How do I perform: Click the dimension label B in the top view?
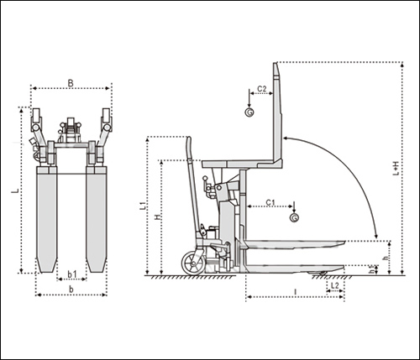coord(71,83)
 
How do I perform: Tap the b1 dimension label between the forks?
coord(72,274)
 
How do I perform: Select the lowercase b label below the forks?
coord(71,290)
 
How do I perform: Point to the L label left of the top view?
coord(15,191)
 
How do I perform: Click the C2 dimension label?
coord(262,89)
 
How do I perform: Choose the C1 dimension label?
coord(270,202)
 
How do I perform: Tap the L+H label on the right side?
coord(396,169)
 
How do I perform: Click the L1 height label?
coord(143,206)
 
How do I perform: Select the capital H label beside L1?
coord(158,217)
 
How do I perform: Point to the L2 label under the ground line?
coord(335,285)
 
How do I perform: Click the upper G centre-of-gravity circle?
coord(249,112)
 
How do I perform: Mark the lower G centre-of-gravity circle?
coord(294,217)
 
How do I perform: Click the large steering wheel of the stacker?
coord(192,263)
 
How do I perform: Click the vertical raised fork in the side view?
coord(277,112)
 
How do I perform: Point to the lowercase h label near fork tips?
coord(386,258)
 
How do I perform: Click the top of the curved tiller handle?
coord(189,138)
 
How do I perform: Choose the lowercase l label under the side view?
coord(295,292)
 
